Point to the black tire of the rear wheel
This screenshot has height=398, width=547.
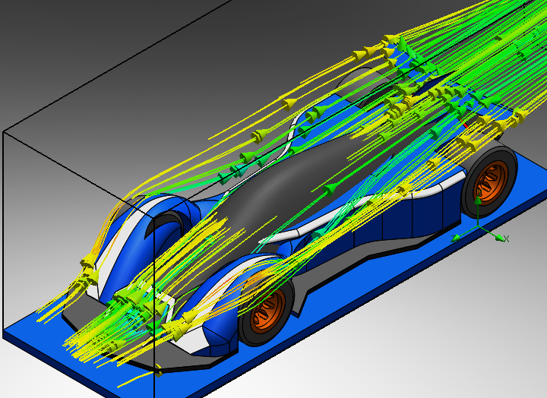(489, 182)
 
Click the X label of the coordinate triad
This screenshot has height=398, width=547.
(507, 239)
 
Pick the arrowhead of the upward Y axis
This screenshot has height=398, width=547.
(478, 201)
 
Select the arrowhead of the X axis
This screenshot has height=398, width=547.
(500, 238)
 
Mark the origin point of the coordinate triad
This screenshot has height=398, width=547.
(478, 227)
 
